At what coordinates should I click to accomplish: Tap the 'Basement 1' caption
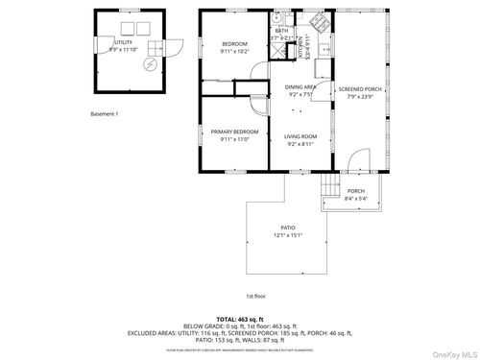(x=104, y=114)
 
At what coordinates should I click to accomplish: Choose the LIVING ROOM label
(x=300, y=139)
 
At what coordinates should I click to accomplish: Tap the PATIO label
(x=288, y=228)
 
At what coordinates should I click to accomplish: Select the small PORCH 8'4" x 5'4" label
(x=355, y=190)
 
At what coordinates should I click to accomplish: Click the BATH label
(x=280, y=31)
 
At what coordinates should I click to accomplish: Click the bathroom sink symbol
(x=276, y=16)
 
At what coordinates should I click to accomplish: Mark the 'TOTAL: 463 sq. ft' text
(x=241, y=317)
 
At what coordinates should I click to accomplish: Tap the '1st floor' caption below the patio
(x=255, y=296)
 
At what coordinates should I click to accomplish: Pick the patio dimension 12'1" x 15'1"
(x=288, y=235)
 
